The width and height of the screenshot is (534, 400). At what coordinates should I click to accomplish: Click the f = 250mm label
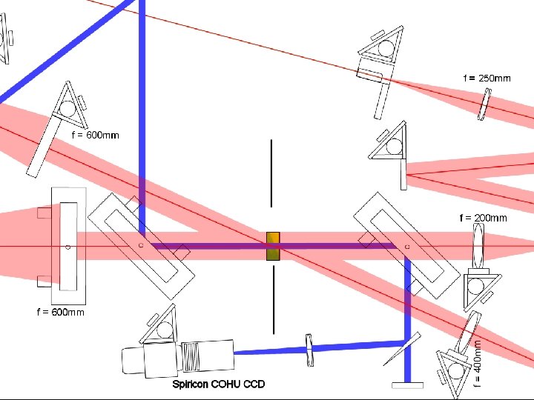tap(487, 78)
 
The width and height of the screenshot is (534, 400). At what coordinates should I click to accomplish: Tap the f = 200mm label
tap(483, 218)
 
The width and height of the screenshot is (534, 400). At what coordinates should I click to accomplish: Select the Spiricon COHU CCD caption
tap(218, 384)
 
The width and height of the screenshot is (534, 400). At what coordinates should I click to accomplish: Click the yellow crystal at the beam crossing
tap(273, 246)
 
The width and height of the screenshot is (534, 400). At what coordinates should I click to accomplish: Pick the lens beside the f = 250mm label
tap(484, 104)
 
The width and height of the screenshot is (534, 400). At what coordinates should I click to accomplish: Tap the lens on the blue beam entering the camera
tap(310, 349)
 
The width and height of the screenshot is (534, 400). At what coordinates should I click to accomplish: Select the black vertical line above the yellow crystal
tap(272, 173)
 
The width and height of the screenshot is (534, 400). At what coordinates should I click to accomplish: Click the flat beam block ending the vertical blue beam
tap(407, 384)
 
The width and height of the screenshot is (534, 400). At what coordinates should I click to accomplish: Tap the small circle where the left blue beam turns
tap(141, 244)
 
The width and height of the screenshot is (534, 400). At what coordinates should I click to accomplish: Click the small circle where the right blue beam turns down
tap(407, 246)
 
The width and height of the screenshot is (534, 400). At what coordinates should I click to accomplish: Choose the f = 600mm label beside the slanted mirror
tap(95, 136)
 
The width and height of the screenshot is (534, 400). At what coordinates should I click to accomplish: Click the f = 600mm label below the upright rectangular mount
tap(60, 312)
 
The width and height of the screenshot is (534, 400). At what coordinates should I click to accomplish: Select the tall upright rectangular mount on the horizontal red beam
tap(67, 246)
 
